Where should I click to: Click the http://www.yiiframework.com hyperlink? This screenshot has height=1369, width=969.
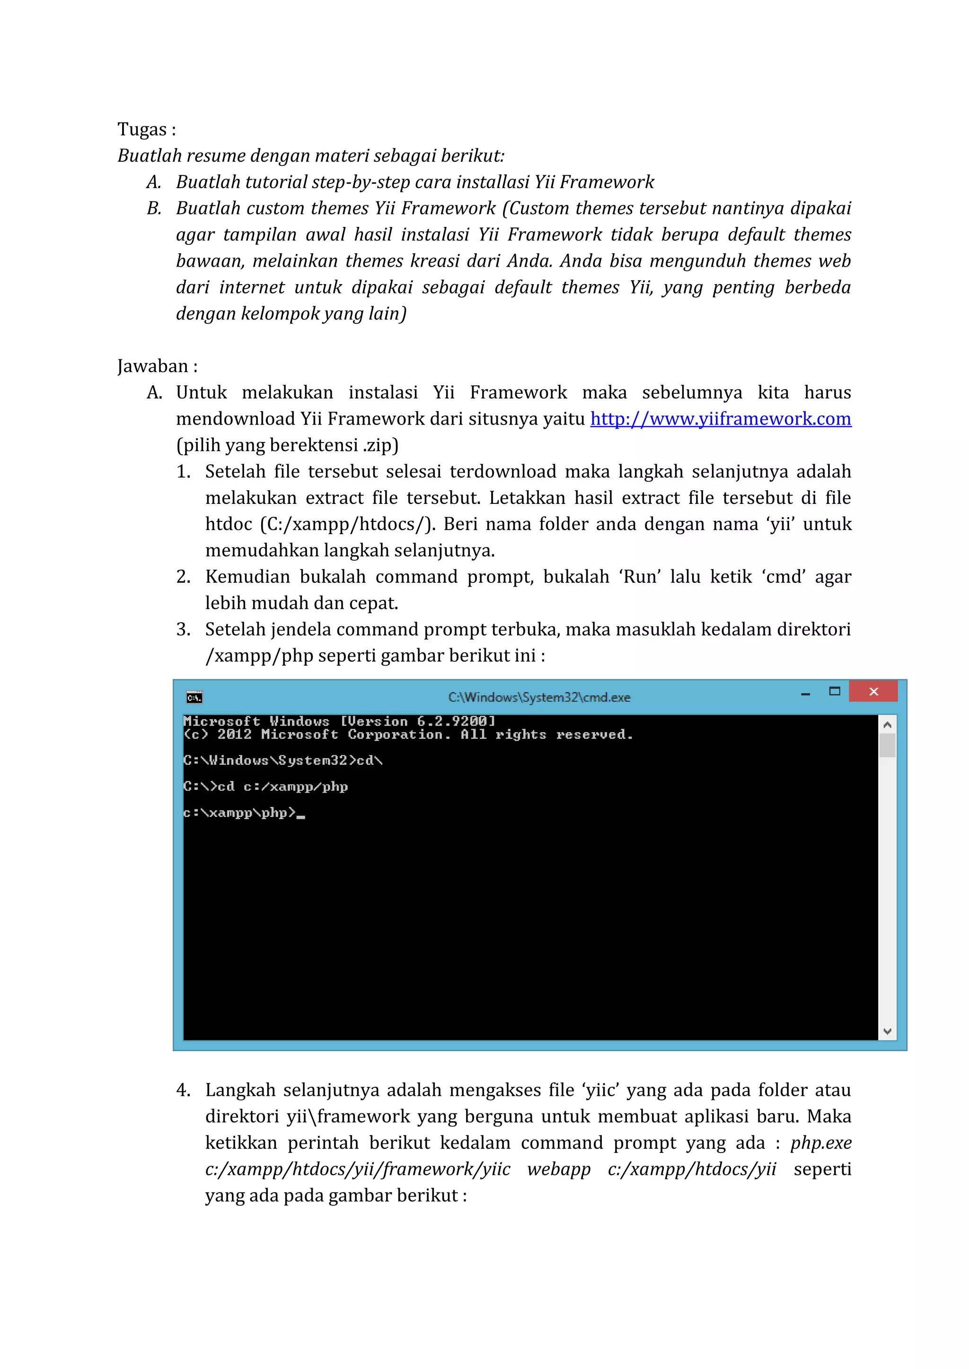[x=720, y=419]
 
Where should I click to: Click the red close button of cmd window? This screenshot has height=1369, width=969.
[x=873, y=692]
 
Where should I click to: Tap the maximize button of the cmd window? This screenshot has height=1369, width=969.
[x=834, y=692]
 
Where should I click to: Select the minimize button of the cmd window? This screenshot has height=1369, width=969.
[x=805, y=693]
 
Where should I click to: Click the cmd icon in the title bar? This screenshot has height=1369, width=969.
[x=194, y=697]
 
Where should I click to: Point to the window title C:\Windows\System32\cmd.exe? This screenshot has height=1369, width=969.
[x=539, y=697]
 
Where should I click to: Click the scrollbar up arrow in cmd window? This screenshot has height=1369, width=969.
[x=887, y=725]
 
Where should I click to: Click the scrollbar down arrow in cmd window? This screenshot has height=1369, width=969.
[x=887, y=1031]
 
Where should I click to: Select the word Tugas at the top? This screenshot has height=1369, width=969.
[x=142, y=130]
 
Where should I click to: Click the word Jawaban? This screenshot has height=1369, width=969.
[x=153, y=366]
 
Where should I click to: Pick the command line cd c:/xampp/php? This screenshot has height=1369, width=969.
[x=283, y=787]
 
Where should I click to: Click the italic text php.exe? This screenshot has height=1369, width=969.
[x=821, y=1143]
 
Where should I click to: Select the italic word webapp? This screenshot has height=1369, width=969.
[x=558, y=1169]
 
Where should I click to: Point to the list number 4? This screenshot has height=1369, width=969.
[x=183, y=1091]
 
